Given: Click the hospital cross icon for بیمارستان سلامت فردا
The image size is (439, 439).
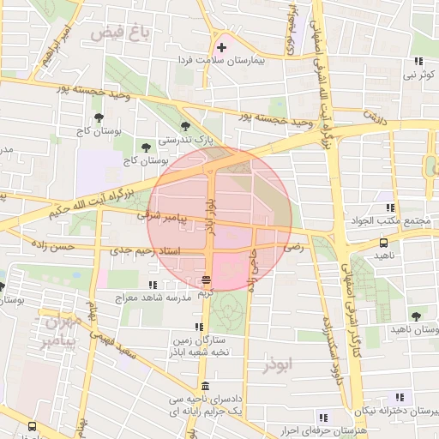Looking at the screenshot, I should click(x=222, y=46).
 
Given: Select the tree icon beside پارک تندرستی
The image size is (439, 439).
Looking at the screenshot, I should click(x=185, y=126).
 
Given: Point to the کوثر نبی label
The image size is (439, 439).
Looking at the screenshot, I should click(x=418, y=75).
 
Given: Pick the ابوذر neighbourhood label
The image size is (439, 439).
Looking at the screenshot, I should click(x=280, y=364).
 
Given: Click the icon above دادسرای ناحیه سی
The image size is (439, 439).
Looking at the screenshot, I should click(x=204, y=387).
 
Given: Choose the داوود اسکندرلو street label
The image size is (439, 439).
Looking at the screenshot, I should click(x=327, y=339).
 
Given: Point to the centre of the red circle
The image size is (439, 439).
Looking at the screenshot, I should click(x=219, y=217).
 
